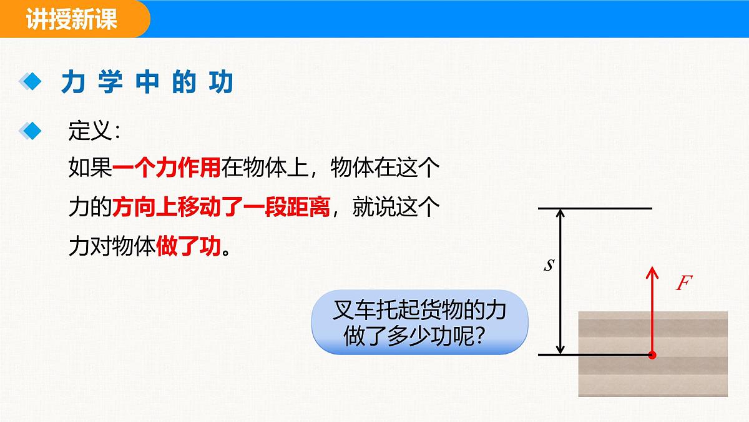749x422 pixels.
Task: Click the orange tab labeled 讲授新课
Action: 72,19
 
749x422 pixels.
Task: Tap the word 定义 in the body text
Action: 89,131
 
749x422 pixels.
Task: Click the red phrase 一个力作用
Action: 167,169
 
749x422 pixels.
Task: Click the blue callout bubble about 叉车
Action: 419,323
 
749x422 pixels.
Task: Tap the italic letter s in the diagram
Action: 549,265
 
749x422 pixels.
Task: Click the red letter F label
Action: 684,283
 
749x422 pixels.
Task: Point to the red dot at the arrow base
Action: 652,355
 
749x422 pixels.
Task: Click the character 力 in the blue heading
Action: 73,82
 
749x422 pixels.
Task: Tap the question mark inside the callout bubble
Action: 480,337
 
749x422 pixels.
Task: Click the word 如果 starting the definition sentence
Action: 90,169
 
